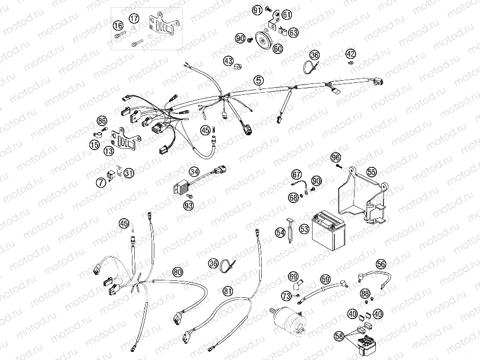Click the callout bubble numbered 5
point(259,81)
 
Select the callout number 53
point(304,229)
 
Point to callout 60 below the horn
point(278,49)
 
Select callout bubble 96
point(336,158)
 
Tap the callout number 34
point(194,172)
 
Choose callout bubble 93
point(189,205)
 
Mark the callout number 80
point(178,272)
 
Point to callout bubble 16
point(118,26)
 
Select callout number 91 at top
point(257,10)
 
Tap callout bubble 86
point(101,121)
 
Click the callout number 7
point(101,183)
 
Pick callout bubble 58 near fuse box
point(339,337)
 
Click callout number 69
point(293,276)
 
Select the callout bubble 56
point(381,263)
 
